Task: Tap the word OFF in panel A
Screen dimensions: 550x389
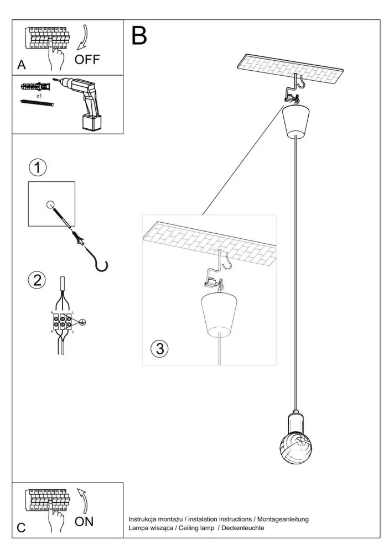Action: (x=87, y=59)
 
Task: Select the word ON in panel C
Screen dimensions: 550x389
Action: (x=84, y=521)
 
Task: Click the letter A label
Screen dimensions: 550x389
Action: (x=22, y=65)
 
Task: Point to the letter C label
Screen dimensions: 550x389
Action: (x=21, y=527)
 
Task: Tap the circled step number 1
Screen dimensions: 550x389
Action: (x=37, y=167)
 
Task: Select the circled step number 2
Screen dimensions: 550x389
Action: (x=37, y=280)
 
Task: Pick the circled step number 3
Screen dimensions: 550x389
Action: (x=159, y=349)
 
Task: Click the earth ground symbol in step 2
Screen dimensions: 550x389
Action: (x=82, y=321)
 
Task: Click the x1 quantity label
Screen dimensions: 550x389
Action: (x=40, y=96)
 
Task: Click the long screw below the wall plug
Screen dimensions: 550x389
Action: (x=37, y=103)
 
